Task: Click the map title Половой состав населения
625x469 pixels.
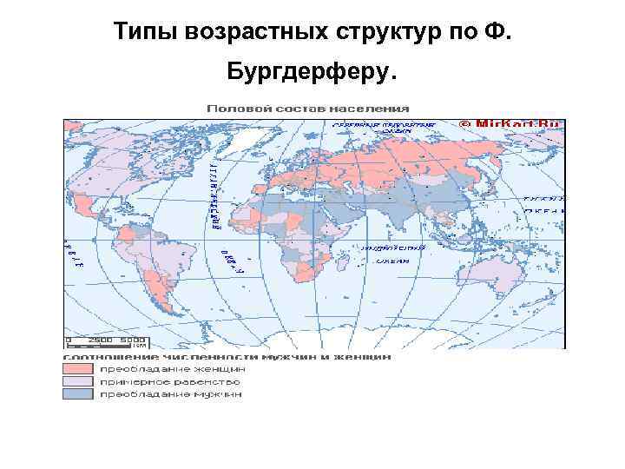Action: [x=307, y=109]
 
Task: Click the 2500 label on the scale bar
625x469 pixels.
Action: [x=102, y=340]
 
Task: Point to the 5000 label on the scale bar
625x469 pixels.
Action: [x=132, y=340]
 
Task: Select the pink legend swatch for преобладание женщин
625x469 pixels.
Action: [x=78, y=368]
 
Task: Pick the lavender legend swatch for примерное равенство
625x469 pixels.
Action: [x=78, y=381]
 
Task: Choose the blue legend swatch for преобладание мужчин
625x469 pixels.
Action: [x=78, y=394]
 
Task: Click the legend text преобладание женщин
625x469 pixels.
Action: [x=170, y=368]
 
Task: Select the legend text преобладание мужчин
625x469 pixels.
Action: [x=170, y=394]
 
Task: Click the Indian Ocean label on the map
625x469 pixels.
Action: [x=399, y=254]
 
